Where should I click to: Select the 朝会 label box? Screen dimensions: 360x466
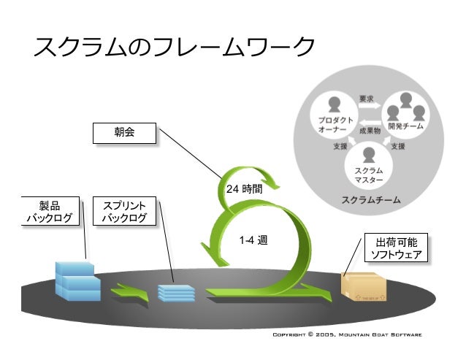click(124, 134)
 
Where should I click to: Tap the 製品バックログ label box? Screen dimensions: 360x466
click(49, 211)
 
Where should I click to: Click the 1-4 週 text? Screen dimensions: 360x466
click(253, 239)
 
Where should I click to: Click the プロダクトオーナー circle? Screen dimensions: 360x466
click(335, 116)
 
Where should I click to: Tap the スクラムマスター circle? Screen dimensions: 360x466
click(369, 163)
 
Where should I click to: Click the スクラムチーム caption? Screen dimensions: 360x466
click(370, 199)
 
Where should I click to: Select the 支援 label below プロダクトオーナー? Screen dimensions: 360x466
click(340, 146)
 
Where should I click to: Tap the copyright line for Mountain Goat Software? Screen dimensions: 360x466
click(346, 334)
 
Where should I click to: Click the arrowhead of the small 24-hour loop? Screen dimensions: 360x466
click(269, 181)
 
